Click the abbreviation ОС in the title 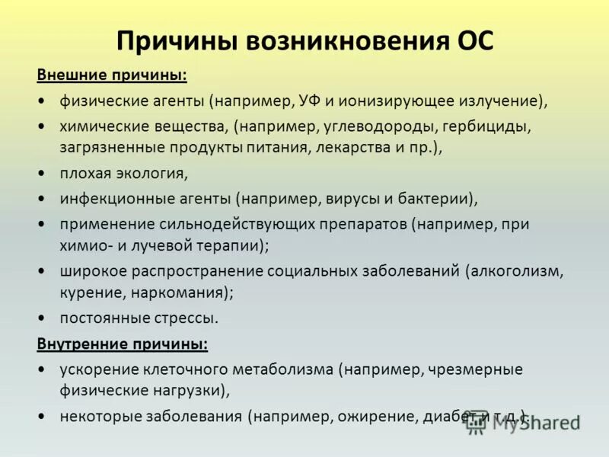[x=473, y=41]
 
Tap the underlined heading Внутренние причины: [x=122, y=344]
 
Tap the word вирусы [x=347, y=199]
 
